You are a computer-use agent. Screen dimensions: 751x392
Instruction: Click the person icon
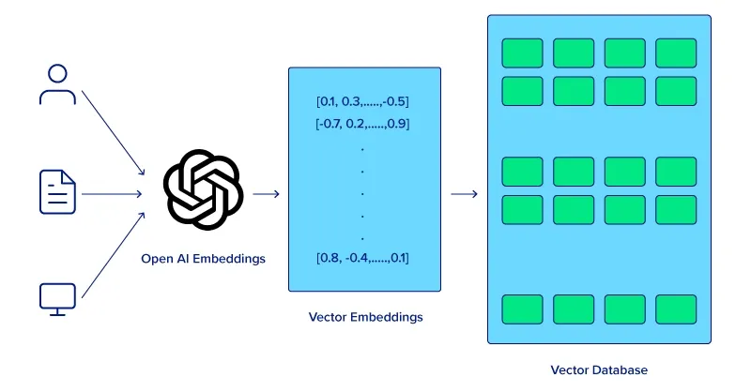pos(57,84)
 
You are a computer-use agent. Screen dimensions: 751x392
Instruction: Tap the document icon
pos(57,192)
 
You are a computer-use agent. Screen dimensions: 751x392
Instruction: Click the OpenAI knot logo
pos(203,189)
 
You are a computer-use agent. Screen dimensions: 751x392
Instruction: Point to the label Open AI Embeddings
pos(203,259)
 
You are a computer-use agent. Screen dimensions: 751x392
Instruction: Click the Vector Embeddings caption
pos(365,317)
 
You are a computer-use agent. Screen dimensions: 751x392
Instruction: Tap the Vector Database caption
pos(599,370)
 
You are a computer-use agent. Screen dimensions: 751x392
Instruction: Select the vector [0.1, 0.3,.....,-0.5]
pos(362,101)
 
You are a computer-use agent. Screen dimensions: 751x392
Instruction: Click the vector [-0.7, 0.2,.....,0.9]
pos(362,124)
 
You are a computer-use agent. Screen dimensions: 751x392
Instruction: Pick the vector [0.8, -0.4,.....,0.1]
pos(362,258)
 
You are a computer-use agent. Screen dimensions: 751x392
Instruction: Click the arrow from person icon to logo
pos(113,133)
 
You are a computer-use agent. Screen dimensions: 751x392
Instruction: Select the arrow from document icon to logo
pos(112,194)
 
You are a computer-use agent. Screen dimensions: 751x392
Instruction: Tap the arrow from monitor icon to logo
pos(113,255)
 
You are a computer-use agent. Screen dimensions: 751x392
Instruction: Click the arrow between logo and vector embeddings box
pos(267,194)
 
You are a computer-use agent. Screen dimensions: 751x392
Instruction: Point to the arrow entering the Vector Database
pos(465,194)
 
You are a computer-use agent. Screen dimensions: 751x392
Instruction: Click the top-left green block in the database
pos(523,53)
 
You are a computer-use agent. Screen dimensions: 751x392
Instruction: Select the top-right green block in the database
pos(676,53)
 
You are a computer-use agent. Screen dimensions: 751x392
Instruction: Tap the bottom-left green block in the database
pos(523,309)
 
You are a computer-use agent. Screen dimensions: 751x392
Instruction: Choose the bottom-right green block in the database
pos(676,309)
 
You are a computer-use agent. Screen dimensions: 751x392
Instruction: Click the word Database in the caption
pos(620,370)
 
